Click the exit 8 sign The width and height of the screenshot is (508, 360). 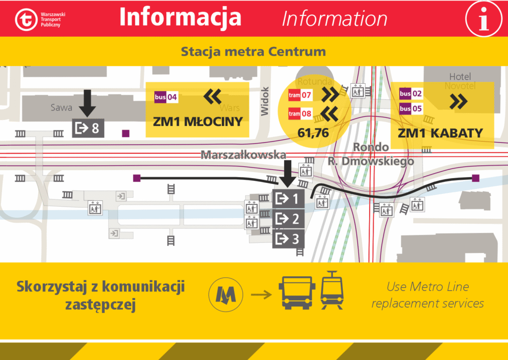pos(86,128)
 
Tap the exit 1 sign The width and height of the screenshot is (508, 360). pos(288,199)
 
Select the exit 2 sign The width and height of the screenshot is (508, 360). pos(288,218)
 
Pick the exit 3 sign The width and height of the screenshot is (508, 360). pos(288,238)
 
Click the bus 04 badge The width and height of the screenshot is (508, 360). pos(166,97)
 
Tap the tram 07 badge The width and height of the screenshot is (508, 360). pos(300,94)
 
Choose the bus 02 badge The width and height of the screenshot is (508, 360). pos(411,93)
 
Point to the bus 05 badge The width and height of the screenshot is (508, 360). pos(411,109)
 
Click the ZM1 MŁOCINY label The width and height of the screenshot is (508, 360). pos(197,121)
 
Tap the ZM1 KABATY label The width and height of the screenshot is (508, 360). pos(440,133)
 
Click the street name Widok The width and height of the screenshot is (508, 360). pos(265,102)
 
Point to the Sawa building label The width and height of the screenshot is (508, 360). pos(62,108)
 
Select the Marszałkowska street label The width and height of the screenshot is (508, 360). pos(243,155)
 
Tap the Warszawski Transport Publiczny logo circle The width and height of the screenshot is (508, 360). pos(25,19)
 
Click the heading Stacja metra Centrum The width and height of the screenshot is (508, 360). pos(253,52)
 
